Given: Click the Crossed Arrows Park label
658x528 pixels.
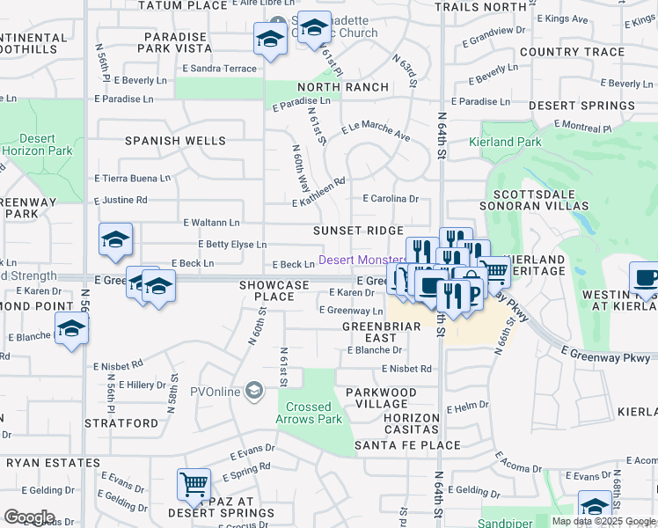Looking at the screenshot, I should click(309, 413).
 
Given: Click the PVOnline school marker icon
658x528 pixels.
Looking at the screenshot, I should click(254, 389).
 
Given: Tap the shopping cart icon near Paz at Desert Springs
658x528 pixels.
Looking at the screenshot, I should click(194, 483).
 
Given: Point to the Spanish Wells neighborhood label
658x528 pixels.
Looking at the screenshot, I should click(175, 141).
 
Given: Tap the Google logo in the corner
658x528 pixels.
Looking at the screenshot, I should click(29, 517).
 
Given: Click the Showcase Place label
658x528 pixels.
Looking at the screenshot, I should click(274, 291).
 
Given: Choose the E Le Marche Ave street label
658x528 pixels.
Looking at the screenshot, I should click(376, 131).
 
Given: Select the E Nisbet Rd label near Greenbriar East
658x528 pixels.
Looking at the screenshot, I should click(406, 370).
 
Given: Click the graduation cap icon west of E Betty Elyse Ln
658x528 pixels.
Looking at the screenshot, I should click(116, 239).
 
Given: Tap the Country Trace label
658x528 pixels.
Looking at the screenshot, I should click(572, 52).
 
